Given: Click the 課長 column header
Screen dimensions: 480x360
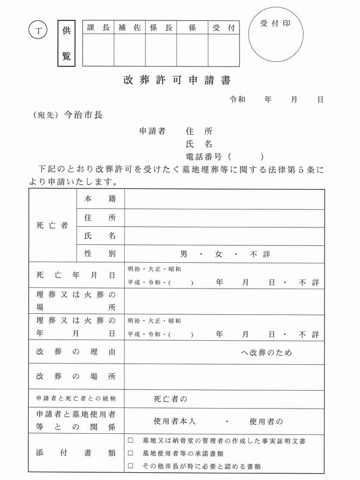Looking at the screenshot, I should [98, 28].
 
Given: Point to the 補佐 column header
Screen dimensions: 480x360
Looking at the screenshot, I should [129, 28].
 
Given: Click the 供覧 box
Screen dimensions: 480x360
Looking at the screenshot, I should [66, 43].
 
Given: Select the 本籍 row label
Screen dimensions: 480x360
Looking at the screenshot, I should [100, 198].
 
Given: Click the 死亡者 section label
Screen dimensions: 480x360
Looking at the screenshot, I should [52, 226].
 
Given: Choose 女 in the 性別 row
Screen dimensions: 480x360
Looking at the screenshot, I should [219, 254].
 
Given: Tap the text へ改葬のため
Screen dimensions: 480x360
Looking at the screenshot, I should [267, 352].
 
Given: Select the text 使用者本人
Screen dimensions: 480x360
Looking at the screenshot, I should [175, 422].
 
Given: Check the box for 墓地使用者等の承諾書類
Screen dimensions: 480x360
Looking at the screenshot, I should [130, 453].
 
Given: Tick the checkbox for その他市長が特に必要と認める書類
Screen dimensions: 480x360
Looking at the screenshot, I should [130, 466].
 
